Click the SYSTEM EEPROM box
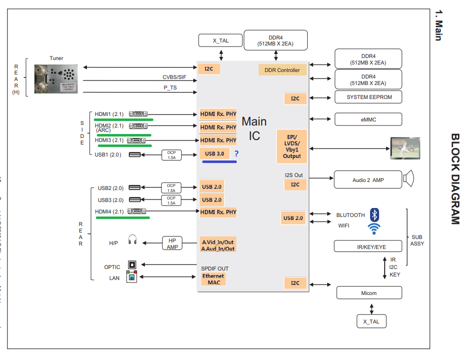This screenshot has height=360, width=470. [368, 97]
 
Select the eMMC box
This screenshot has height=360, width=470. [368, 119]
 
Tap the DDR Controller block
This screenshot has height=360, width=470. [282, 70]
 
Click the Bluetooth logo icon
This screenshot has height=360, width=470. [375, 215]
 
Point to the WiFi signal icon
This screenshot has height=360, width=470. [374, 228]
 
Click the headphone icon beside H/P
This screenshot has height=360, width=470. [132, 241]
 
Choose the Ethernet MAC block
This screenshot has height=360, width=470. [213, 279]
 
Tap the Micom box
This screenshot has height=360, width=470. [369, 293]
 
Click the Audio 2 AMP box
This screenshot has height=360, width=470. [368, 180]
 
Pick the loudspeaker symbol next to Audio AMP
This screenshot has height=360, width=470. [410, 179]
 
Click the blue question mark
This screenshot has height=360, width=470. [236, 153]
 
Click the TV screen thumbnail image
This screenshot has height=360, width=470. [405, 148]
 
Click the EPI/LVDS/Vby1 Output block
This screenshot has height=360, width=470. [292, 146]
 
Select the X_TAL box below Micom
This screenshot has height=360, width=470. [371, 321]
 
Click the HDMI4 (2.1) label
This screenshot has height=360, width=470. [109, 212]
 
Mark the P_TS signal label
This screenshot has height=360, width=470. [170, 88]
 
